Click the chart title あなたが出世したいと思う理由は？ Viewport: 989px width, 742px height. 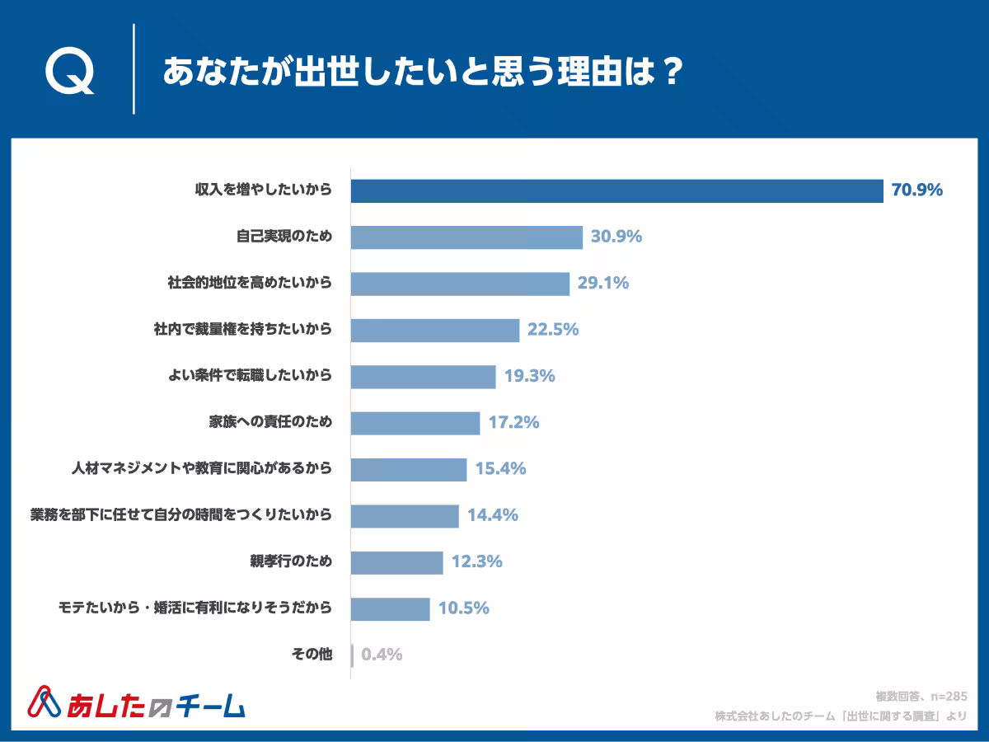tap(422, 71)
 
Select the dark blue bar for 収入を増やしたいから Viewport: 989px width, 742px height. tap(616, 190)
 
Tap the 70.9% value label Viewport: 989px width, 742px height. tap(916, 190)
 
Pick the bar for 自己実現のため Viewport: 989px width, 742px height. tap(466, 237)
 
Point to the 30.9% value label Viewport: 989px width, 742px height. tap(616, 237)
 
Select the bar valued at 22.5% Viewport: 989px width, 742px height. tap(435, 330)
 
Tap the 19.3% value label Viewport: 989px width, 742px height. tap(528, 377)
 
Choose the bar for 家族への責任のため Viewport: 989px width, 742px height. tap(415, 423)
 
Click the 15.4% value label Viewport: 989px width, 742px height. tap(499, 470)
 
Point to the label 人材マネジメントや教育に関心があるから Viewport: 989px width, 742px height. tap(202, 470)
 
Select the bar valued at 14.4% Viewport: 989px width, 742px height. tap(405, 516)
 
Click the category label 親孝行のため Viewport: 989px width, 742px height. tap(284, 562)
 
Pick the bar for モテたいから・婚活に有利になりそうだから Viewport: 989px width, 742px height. tap(391, 609)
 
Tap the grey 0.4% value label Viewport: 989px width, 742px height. tap(382, 655)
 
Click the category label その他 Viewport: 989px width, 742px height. tap(312, 655)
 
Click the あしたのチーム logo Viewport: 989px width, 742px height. tap(138, 702)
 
